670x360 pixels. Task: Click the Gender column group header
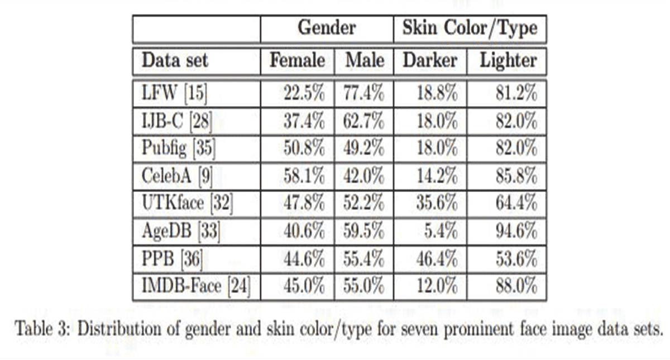[x=327, y=28]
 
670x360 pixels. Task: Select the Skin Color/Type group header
[x=470, y=28]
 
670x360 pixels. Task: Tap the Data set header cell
[x=175, y=60]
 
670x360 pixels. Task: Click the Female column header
[x=297, y=60]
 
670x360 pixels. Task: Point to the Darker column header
[x=430, y=60]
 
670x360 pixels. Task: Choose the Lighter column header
[x=508, y=60]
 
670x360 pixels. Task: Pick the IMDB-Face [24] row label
[x=196, y=287]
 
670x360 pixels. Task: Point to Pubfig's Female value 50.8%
[x=303, y=149]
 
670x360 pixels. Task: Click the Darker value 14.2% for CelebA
[x=438, y=177]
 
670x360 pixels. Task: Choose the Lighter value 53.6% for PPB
[x=516, y=260]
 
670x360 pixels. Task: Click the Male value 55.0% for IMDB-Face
[x=363, y=287]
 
